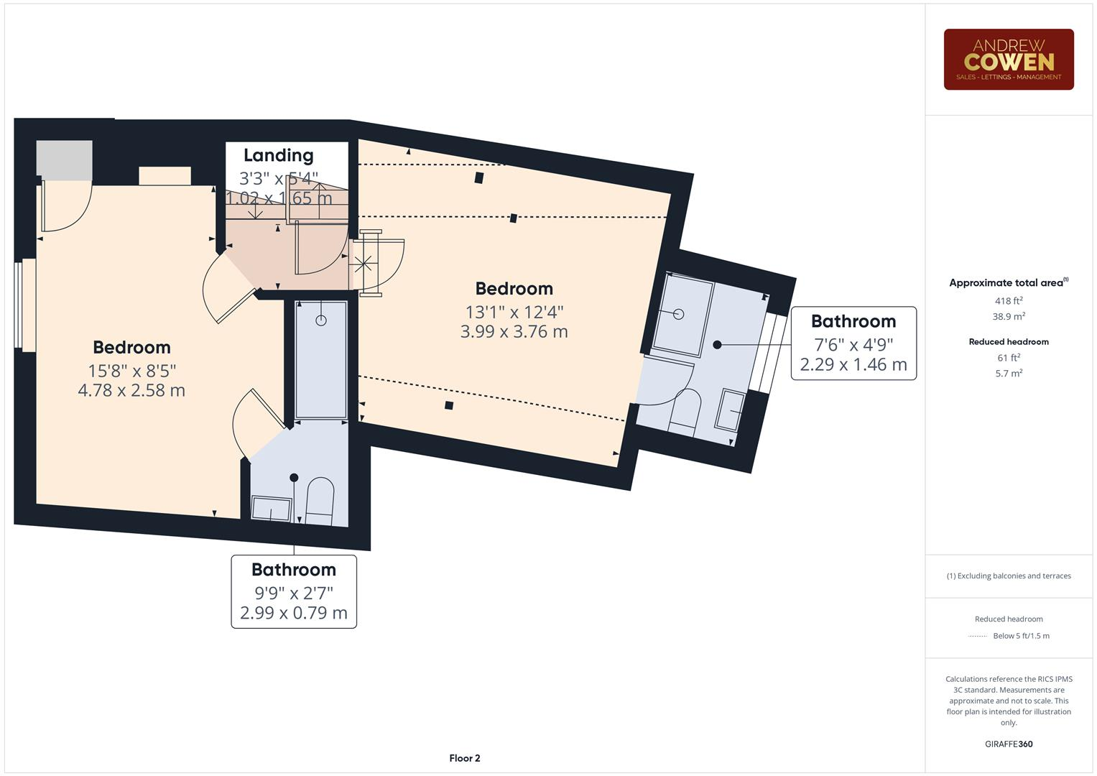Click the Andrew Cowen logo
pos(1008,60)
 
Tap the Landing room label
pos(278,155)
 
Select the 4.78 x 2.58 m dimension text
pos(131,390)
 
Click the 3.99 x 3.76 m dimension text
pos(514,331)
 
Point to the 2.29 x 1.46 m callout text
pos(853,364)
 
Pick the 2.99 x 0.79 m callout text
pos(293,613)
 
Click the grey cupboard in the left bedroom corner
pos(65,160)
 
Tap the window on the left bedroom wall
pos(27,305)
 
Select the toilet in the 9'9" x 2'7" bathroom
pos(320,500)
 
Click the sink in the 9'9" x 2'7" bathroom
pos(271,508)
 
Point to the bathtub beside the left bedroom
pos(321,359)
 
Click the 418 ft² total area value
pos(1008,301)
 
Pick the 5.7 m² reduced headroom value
pos(1008,373)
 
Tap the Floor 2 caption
pos(464,758)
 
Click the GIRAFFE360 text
pos(1008,744)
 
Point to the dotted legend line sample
pos(978,636)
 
